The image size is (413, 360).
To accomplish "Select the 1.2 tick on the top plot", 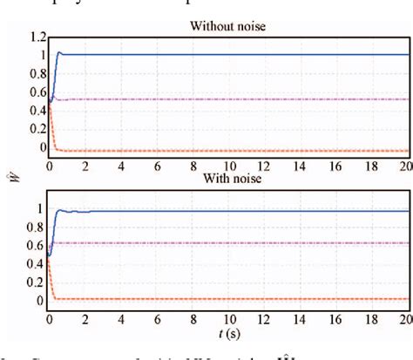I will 32,38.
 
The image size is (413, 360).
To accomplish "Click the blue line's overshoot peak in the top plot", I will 59,52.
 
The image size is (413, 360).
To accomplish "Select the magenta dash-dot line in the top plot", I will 227,99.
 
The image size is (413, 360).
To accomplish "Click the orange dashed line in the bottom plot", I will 227,299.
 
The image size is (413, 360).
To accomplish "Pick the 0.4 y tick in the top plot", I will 32,112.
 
